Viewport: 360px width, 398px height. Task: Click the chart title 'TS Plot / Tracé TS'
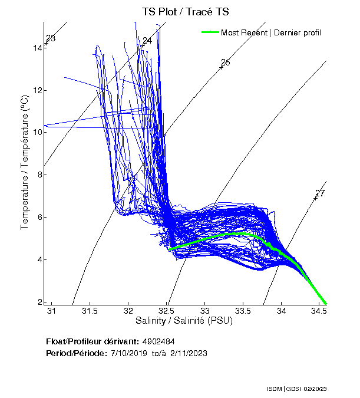click(186, 11)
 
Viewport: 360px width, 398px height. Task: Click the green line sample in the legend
click(210, 32)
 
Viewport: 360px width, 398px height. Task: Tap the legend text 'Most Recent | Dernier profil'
click(271, 32)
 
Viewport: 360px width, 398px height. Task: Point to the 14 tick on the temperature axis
click(38, 47)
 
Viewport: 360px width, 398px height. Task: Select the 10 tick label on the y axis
click(38, 132)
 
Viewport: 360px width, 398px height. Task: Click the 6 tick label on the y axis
click(39, 217)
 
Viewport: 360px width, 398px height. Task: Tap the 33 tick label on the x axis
click(206, 311)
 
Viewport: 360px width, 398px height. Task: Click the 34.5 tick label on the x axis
click(321, 311)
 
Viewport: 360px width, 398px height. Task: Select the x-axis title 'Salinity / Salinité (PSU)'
click(184, 321)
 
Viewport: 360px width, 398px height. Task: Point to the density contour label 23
click(51, 39)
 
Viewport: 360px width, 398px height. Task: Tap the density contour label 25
click(225, 63)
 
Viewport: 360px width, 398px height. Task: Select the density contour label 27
click(320, 193)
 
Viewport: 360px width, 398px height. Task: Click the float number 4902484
click(158, 341)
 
